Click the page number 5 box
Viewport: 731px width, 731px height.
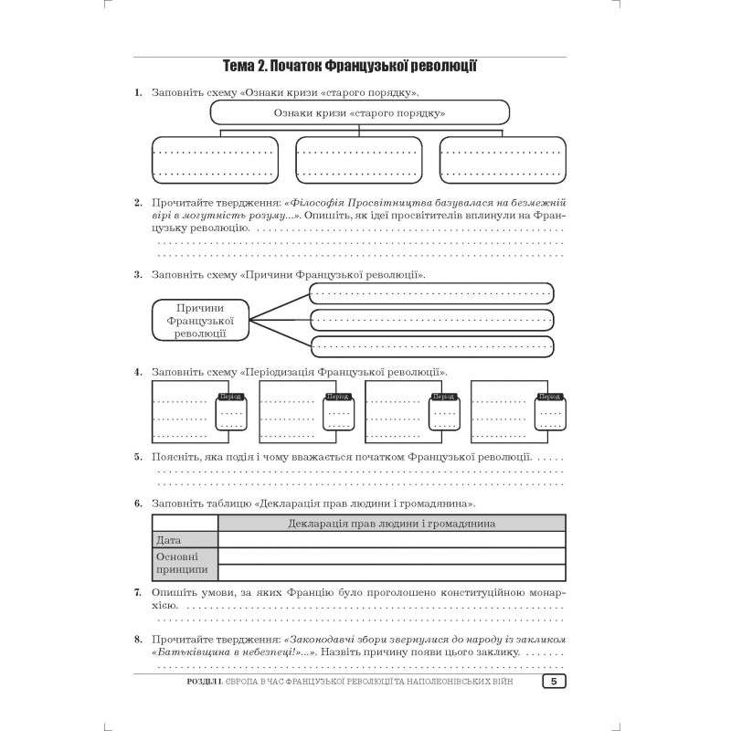click(x=554, y=682)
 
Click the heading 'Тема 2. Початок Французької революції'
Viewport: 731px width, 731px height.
click(x=352, y=66)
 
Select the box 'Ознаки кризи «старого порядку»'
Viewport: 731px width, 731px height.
click(x=359, y=112)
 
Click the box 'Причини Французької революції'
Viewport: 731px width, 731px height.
click(x=199, y=320)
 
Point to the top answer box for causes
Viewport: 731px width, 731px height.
click(x=431, y=293)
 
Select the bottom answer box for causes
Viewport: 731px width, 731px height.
click(x=431, y=346)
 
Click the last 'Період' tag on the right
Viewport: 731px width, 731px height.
click(x=549, y=397)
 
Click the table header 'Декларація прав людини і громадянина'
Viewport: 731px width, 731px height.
click(x=391, y=524)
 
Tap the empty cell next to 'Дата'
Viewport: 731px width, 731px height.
click(x=391, y=540)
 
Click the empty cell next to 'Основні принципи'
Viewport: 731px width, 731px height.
click(x=391, y=562)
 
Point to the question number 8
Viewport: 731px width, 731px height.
click(x=137, y=640)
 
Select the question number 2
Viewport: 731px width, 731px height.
click(x=137, y=202)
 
